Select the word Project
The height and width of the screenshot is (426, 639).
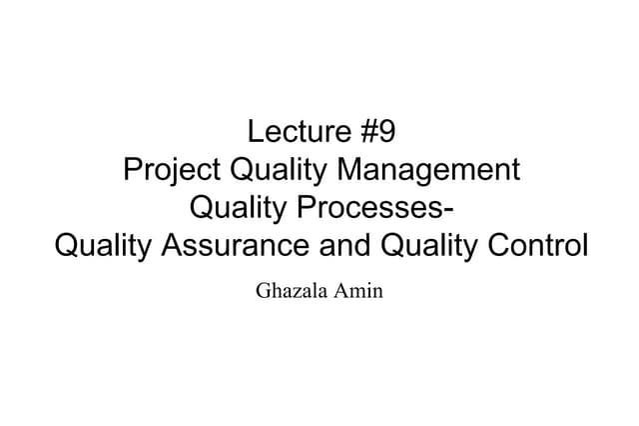(x=173, y=171)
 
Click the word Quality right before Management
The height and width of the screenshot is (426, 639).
(x=280, y=171)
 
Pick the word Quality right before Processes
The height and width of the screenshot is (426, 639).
(x=238, y=209)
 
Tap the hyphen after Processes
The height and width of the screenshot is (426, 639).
(x=443, y=211)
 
